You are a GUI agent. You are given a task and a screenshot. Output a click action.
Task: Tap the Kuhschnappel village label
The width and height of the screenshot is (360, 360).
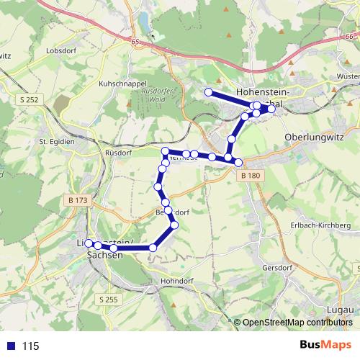[123, 84]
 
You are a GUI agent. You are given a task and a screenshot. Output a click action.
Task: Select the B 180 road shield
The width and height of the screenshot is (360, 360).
[251, 176]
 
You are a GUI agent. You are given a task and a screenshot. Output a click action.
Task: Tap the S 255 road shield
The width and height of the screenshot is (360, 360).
[108, 298]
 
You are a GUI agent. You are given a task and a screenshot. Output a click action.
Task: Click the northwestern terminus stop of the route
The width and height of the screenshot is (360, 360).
[209, 92]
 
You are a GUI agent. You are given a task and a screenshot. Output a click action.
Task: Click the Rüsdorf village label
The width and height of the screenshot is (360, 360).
[116, 153]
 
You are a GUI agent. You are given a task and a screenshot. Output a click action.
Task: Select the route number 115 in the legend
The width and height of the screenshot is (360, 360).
[30, 346]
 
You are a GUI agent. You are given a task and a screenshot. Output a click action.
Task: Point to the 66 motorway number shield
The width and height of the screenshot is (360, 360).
[350, 37]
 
